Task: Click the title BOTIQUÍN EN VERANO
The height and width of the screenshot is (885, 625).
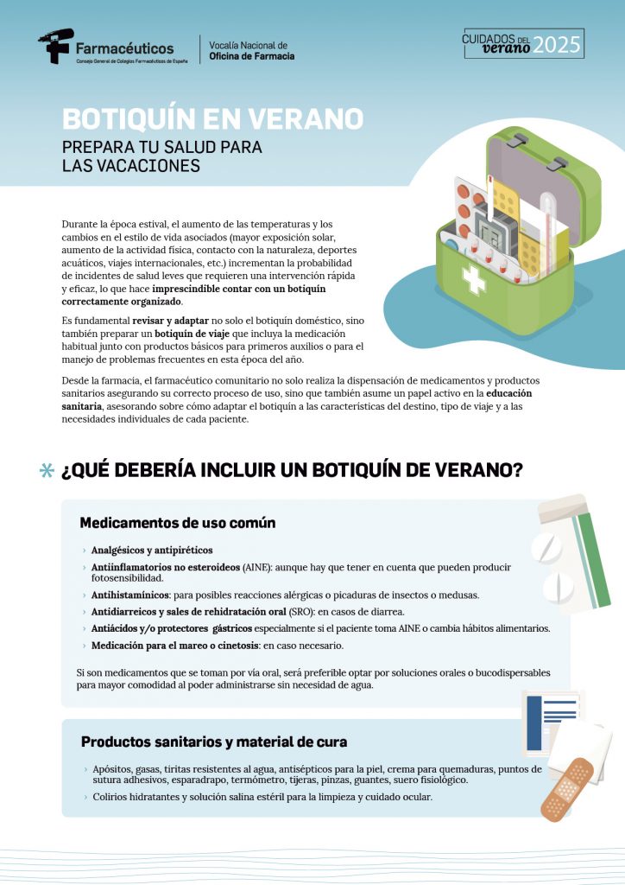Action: point(212,118)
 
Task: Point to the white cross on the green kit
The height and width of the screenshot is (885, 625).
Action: point(473,279)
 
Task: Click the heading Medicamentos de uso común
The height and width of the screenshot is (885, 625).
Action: point(178,523)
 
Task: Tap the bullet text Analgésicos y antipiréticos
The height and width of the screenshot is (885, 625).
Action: point(152,550)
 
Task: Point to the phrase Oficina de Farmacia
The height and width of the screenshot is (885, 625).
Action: point(252,56)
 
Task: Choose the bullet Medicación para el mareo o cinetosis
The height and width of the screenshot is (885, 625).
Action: point(175,646)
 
